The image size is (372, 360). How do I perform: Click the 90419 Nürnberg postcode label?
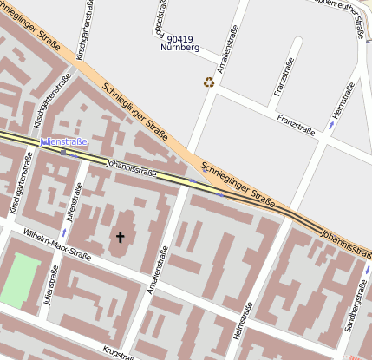click(x=180, y=43)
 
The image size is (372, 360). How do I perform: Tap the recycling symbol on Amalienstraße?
click(x=209, y=82)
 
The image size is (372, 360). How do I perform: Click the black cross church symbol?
click(x=121, y=236)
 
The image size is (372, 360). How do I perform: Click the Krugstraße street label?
click(x=117, y=351)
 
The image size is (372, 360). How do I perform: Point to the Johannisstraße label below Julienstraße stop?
click(x=131, y=167)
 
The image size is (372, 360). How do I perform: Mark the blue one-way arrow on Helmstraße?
click(x=330, y=126)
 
